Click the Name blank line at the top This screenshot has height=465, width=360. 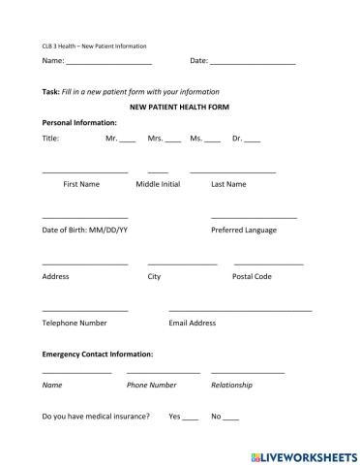coord(108,63)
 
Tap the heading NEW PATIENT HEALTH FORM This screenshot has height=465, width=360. coord(179,107)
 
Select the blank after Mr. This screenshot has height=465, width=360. coord(128,141)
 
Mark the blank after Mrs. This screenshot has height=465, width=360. coord(173,141)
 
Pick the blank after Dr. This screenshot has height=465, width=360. coord(253,141)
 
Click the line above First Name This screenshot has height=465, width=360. coord(85,171)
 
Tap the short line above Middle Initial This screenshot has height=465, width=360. coord(158,171)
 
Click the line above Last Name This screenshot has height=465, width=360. coord(232,171)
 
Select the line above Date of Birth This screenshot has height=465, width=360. coord(85,217)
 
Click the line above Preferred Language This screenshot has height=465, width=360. coord(254,217)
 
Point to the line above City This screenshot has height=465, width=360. coord(182,263)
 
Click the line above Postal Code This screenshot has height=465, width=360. coord(268,263)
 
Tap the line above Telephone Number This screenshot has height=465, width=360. coord(85,310)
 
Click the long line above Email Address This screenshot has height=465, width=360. coord(240,310)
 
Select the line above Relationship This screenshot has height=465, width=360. coord(247,373)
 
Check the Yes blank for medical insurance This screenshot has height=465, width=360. coord(190,418)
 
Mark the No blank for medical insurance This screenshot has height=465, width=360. coord(230,418)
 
